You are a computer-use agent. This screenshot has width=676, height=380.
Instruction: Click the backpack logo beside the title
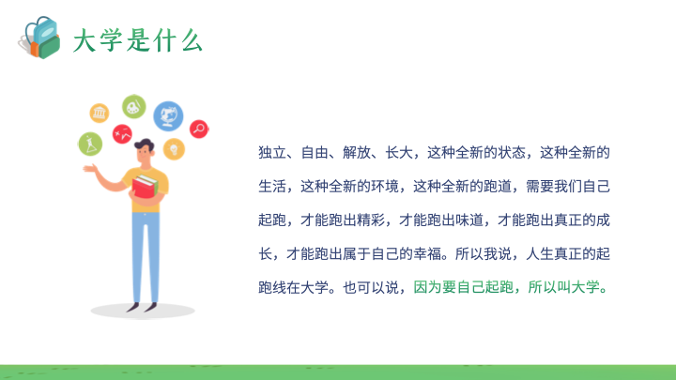click(x=39, y=38)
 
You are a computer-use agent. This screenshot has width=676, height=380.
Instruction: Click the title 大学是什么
click(x=137, y=41)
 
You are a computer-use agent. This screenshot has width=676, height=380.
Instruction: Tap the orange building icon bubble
click(x=100, y=113)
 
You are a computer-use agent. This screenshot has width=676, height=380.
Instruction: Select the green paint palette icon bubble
click(x=133, y=106)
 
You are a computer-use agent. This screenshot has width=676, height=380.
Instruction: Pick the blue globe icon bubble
click(x=168, y=115)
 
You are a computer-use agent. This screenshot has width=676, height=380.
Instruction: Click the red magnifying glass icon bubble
click(x=199, y=129)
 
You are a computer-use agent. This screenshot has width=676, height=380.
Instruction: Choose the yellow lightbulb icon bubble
click(x=174, y=149)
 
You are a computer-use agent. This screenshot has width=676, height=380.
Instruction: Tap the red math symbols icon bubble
click(x=122, y=134)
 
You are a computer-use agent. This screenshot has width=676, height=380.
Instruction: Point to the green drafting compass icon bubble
click(x=90, y=144)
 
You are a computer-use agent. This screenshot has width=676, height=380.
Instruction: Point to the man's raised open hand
click(x=90, y=168)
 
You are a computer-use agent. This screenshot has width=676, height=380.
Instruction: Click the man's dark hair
click(x=144, y=144)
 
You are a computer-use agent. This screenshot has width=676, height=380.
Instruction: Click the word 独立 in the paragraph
click(x=272, y=153)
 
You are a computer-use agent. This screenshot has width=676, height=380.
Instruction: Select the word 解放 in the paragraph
click(x=357, y=153)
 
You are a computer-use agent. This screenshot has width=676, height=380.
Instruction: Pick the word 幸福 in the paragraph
click(x=427, y=253)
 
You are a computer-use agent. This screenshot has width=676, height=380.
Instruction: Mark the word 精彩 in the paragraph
click(x=371, y=220)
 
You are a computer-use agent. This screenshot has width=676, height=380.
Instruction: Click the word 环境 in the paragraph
click(x=385, y=187)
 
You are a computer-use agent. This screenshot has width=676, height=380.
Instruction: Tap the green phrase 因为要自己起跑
click(x=464, y=287)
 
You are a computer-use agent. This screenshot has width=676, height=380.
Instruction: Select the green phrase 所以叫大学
click(x=564, y=287)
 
